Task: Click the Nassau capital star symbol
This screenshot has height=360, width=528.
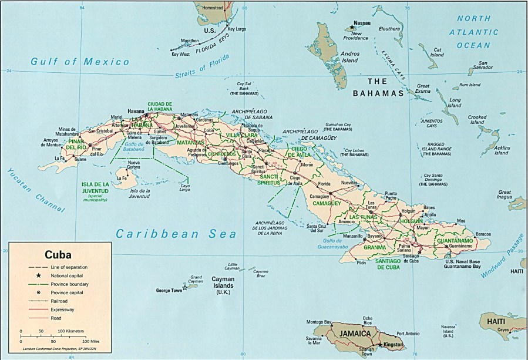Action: pos(352,27)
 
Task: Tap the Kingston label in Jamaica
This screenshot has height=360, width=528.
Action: pos(393,344)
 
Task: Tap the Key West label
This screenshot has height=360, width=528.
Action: pos(180,54)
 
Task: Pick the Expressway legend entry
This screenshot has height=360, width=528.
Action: pos(68,308)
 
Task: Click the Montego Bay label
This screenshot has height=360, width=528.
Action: pos(320,322)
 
